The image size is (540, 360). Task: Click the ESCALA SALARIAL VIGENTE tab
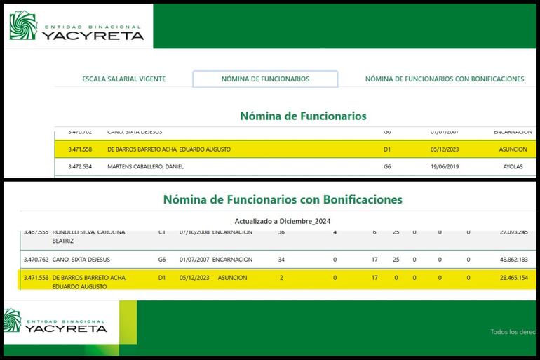pyautogui.click(x=123, y=79)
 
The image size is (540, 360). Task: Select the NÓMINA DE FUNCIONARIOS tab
pyautogui.click(x=265, y=79)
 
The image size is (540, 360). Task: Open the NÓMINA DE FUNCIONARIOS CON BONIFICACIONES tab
pyautogui.click(x=444, y=79)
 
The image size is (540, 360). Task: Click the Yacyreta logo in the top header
pyautogui.click(x=77, y=26)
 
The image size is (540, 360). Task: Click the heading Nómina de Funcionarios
pyautogui.click(x=303, y=116)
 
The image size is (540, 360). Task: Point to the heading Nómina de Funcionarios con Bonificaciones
pyautogui.click(x=283, y=199)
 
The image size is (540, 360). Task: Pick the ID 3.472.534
pyautogui.click(x=80, y=167)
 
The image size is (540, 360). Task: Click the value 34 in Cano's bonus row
pyautogui.click(x=281, y=260)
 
